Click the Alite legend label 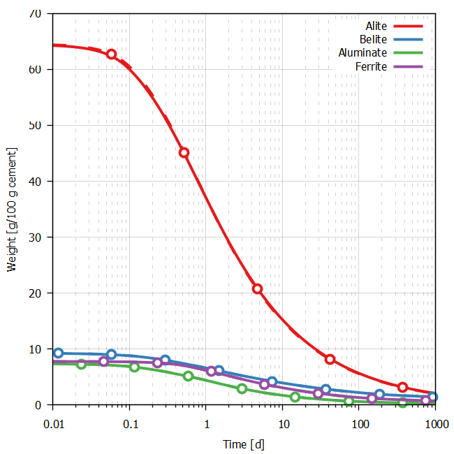[x=376, y=27]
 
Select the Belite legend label [x=374, y=40]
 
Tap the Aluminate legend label [x=363, y=53]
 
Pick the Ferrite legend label [x=371, y=66]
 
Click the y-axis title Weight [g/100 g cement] [x=11, y=210]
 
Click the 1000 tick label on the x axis [x=436, y=423]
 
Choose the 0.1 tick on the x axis [x=129, y=423]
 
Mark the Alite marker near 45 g [x=184, y=152]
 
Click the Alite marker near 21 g [x=257, y=288]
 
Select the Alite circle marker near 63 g [x=111, y=54]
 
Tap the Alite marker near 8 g [x=330, y=359]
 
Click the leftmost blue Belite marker [x=59, y=353]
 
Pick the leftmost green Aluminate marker [x=81, y=364]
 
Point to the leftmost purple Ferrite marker [x=104, y=361]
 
